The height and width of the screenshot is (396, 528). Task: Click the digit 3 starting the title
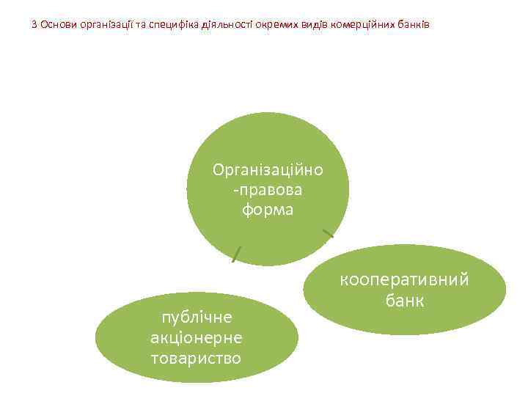click(x=34, y=24)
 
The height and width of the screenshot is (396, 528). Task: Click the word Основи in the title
click(x=56, y=24)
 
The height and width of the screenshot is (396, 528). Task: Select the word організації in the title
click(x=101, y=24)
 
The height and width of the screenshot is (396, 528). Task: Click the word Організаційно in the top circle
click(x=268, y=170)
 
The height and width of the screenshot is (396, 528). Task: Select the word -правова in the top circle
click(x=268, y=190)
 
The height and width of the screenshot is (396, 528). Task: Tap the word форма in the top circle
click(x=268, y=210)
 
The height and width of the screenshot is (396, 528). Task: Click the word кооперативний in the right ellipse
click(x=403, y=281)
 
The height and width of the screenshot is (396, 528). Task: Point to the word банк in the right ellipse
click(x=403, y=301)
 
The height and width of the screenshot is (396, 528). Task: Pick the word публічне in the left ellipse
click(x=197, y=317)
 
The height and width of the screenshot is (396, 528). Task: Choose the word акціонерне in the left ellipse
click(x=197, y=337)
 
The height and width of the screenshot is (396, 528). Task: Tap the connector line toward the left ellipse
click(x=237, y=254)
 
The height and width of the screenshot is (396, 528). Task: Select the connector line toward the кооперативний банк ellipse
click(x=329, y=234)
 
